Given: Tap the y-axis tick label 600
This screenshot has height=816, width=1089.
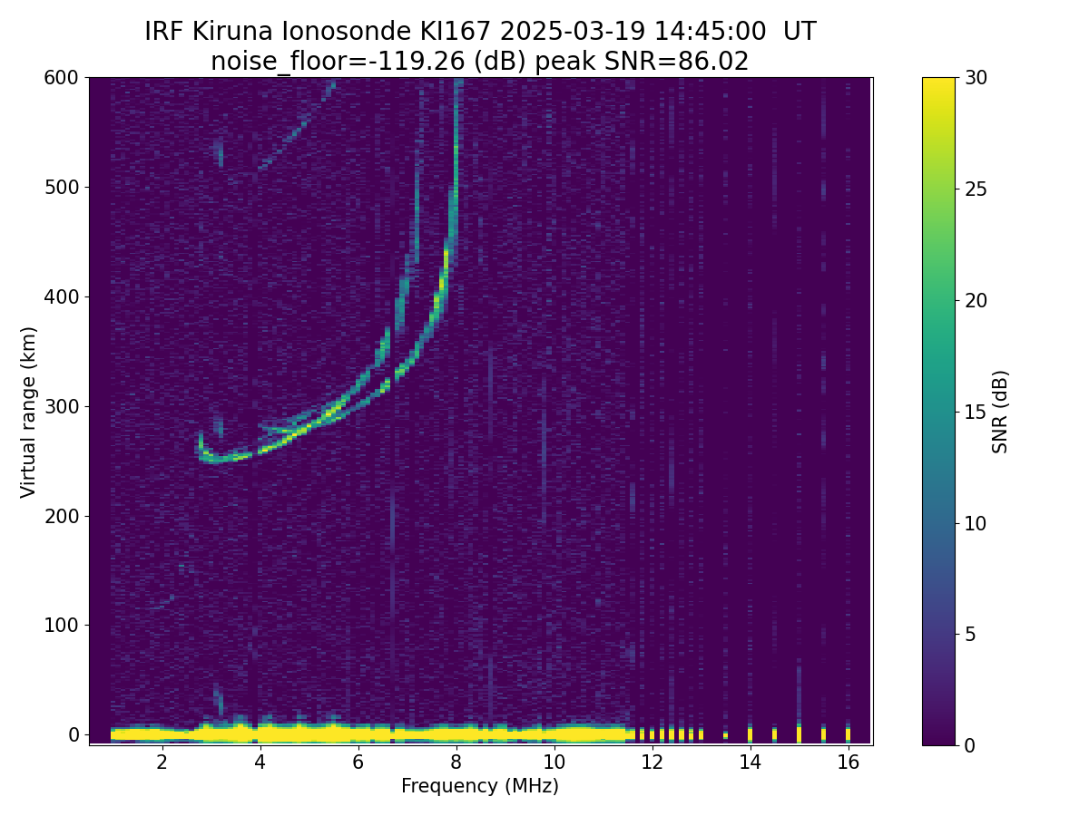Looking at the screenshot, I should click(62, 78).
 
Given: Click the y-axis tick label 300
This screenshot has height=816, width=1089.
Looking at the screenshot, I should click(62, 406).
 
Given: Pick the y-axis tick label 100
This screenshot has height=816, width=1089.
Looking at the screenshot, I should click(62, 626).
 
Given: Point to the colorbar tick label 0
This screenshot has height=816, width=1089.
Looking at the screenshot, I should click(969, 745).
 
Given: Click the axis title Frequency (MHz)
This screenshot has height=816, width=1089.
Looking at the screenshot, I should click(480, 786).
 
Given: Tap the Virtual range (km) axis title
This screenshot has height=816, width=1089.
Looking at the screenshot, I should click(29, 412).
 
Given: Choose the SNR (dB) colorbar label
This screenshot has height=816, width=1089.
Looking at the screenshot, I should click(1000, 412).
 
